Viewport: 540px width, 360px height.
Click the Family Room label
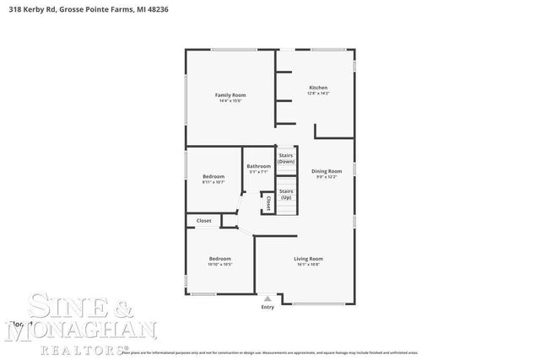click(x=230, y=95)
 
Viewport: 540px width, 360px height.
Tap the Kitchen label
click(x=318, y=88)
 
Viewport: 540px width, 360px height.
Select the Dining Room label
click(x=327, y=171)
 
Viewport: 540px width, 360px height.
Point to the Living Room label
click(x=309, y=259)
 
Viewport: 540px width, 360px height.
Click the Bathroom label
click(x=259, y=166)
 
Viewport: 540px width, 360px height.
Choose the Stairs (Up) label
click(x=286, y=194)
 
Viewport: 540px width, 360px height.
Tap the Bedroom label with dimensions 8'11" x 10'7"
click(x=213, y=176)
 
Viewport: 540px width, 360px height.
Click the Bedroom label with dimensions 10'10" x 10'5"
click(x=219, y=259)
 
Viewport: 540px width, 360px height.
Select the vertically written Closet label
click(x=268, y=203)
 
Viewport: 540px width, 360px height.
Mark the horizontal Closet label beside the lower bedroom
click(x=203, y=221)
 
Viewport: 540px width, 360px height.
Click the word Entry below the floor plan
click(x=267, y=307)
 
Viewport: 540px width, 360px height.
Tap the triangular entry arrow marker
click(x=267, y=298)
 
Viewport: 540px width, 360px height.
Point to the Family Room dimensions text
click(x=230, y=101)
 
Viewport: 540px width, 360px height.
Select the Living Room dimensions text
click(x=309, y=265)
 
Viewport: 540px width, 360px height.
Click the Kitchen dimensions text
click(x=318, y=94)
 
